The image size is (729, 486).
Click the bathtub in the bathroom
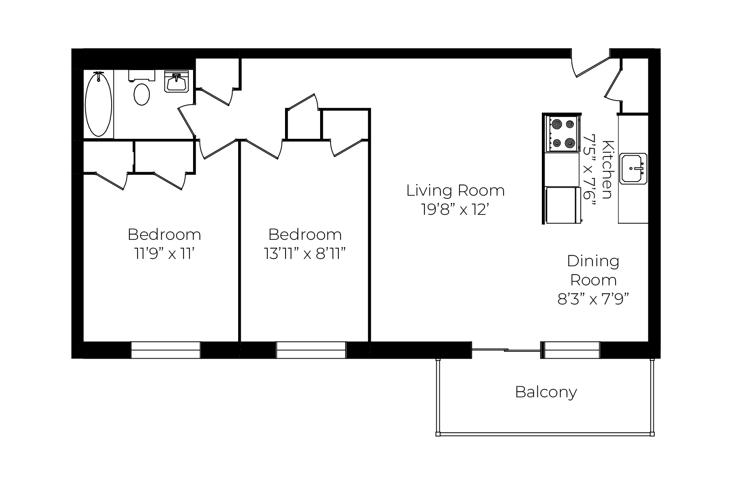coord(98,104)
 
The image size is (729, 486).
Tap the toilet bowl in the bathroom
coord(142,94)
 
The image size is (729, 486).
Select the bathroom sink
coord(176,81)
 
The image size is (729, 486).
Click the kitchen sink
coord(633,169)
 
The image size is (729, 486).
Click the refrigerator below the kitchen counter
coord(563,205)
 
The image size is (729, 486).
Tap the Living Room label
coord(455,191)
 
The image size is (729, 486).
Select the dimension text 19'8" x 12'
coord(455,209)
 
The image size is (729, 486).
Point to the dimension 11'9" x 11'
coord(164,253)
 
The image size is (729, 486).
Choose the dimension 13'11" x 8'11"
coord(305,253)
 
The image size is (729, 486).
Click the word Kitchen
coord(607,169)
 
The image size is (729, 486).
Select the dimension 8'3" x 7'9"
coord(593,299)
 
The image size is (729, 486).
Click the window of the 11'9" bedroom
coord(165,350)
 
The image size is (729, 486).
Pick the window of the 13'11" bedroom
coord(311,350)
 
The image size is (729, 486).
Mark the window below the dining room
coord(572,350)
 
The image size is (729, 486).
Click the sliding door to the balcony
coord(506,350)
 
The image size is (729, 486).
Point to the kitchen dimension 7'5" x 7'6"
coord(589,171)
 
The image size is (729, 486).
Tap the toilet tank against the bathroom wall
coord(142,76)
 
